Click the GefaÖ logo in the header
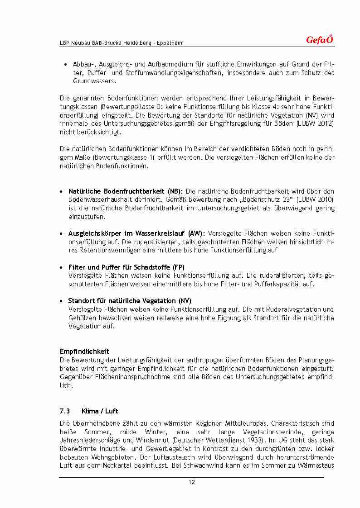click(x=320, y=40)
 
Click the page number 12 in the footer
click(x=192, y=482)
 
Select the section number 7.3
click(x=65, y=411)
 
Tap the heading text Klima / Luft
click(x=100, y=411)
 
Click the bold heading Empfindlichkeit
click(x=84, y=351)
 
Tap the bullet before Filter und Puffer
click(x=62, y=267)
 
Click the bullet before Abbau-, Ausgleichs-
click(x=66, y=64)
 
